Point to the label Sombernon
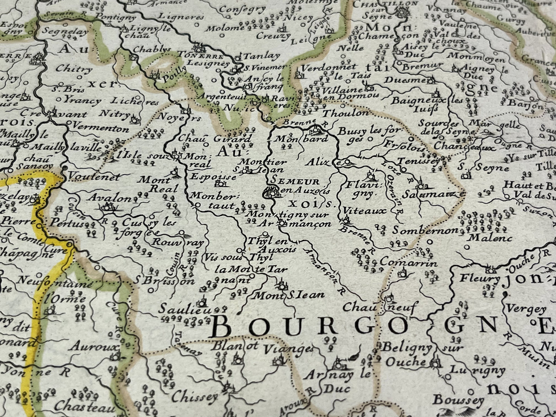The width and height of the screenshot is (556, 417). pos(425,230)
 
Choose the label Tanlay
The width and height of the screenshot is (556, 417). pos(262,55)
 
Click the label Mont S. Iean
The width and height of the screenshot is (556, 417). pos(288,295)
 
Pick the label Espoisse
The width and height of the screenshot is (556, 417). pos(208,177)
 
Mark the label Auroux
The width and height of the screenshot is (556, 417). pos(93,346)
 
